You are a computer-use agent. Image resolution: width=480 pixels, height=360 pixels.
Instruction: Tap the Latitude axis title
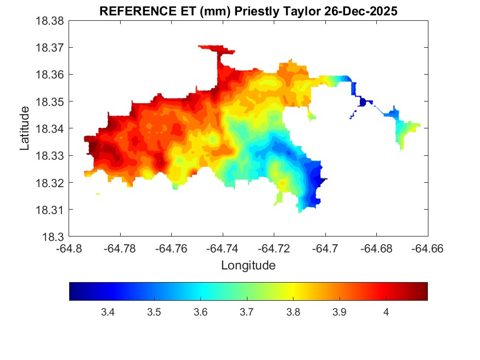[x=25, y=129]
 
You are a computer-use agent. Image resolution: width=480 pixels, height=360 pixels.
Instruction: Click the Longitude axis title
[x=248, y=266]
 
